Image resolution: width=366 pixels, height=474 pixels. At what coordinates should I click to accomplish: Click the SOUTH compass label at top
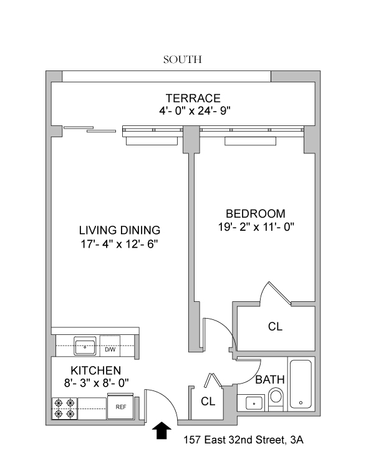[183, 59]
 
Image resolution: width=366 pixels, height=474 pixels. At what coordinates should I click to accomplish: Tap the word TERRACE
[193, 99]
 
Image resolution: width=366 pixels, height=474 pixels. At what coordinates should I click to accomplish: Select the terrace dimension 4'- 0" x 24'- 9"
[195, 111]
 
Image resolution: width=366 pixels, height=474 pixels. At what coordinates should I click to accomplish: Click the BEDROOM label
[256, 214]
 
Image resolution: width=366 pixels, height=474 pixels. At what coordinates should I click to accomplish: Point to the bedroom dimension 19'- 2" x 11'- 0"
[256, 226]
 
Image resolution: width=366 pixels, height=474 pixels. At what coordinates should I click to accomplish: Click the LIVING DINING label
[120, 230]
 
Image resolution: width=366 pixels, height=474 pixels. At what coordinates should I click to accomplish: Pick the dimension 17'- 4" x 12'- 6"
[119, 244]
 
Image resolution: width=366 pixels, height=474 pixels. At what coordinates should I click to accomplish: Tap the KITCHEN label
[96, 370]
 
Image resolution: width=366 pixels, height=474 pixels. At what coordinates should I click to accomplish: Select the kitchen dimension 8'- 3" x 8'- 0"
[97, 384]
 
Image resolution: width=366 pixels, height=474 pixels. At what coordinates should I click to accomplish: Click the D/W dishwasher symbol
[110, 346]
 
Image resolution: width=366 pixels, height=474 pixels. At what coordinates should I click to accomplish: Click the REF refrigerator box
[121, 407]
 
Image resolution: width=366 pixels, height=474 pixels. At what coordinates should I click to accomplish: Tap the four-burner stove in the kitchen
[65, 409]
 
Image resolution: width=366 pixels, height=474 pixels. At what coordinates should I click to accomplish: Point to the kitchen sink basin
[85, 346]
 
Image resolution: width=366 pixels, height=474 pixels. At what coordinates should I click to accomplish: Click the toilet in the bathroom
[276, 399]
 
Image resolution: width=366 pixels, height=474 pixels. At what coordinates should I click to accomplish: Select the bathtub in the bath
[301, 384]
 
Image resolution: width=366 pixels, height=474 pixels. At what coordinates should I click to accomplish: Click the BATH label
[270, 380]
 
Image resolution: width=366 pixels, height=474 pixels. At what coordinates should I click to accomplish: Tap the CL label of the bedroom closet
[275, 326]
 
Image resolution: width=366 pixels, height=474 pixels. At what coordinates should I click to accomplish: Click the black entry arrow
[161, 430]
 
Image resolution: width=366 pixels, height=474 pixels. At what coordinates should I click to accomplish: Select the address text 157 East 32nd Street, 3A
[243, 440]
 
